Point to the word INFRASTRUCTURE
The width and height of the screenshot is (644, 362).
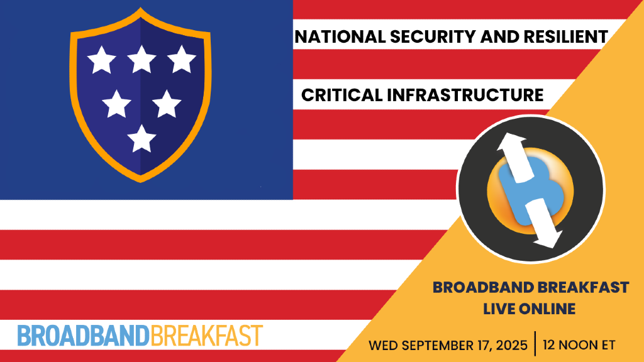tap(465, 95)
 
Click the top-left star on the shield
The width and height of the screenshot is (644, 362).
tap(101, 61)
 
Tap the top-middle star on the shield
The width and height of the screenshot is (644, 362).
tap(142, 60)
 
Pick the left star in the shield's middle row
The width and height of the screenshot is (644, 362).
tap(116, 103)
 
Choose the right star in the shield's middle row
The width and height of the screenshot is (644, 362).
tap(166, 103)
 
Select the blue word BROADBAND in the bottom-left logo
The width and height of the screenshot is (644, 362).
tap(83, 336)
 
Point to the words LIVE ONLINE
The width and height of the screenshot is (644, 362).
tap(529, 309)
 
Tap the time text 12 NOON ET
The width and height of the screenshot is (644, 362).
tap(579, 345)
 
